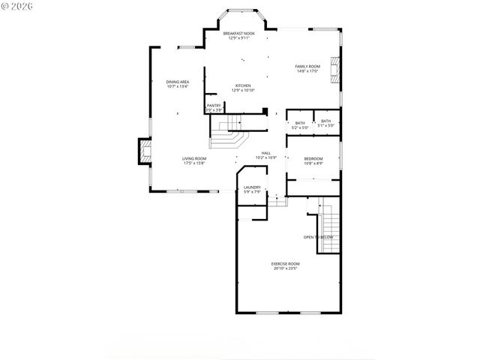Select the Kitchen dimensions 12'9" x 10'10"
click(x=244, y=91)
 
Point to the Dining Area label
click(x=177, y=82)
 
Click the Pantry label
click(x=214, y=106)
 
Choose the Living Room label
click(x=194, y=158)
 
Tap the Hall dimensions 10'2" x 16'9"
click(x=266, y=158)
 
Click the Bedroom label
click(x=313, y=158)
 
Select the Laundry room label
click(x=252, y=187)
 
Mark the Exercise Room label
click(x=286, y=263)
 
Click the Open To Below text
click(x=318, y=237)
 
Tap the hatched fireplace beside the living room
click(x=142, y=152)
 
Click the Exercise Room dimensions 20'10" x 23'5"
click(x=286, y=268)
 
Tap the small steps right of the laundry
click(x=278, y=200)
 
